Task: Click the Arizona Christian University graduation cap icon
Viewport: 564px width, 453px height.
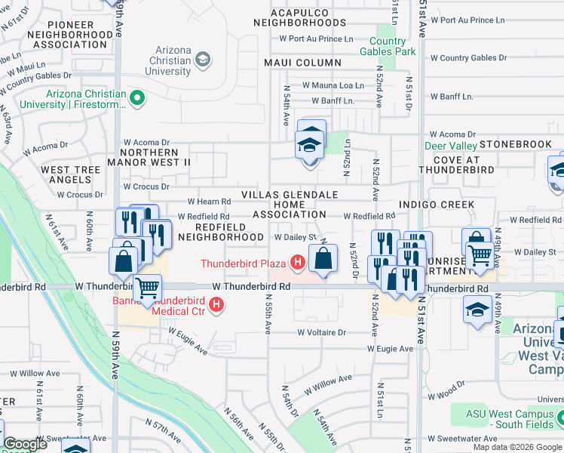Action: click(x=202, y=59)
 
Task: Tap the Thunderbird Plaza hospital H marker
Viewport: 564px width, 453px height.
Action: click(x=298, y=263)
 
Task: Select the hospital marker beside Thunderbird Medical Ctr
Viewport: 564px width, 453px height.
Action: click(x=217, y=305)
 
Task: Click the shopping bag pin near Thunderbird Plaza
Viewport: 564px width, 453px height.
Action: click(x=323, y=258)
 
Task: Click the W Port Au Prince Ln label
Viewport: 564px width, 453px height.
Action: click(x=316, y=39)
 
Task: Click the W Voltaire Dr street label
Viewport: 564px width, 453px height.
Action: click(x=321, y=332)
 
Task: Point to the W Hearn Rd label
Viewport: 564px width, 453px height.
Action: click(x=208, y=202)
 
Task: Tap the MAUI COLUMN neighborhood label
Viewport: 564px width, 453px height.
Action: click(x=302, y=63)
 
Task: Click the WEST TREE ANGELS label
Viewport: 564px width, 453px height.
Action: click(x=70, y=175)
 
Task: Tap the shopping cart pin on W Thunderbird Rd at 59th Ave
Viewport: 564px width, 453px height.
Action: click(x=147, y=288)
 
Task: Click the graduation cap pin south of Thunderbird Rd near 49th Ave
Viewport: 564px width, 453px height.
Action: click(x=477, y=311)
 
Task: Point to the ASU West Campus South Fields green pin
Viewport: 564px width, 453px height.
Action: click(x=560, y=415)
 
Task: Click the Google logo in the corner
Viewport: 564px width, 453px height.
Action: click(x=25, y=445)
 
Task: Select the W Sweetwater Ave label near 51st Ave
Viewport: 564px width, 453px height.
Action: click(x=462, y=439)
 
